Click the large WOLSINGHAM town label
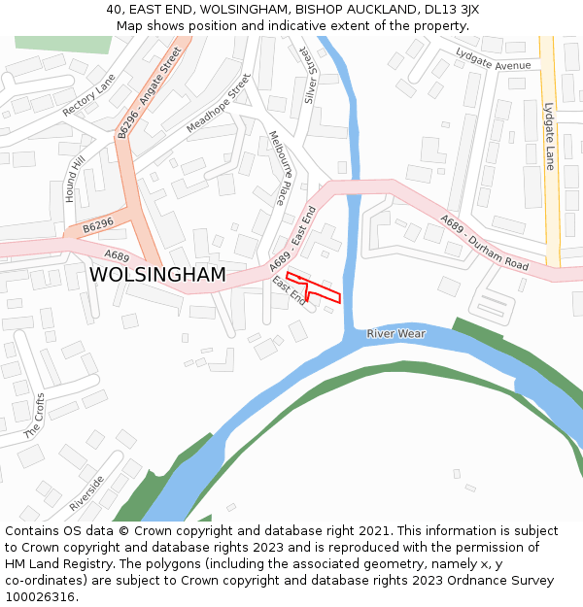coord(157,275)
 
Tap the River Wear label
coord(395,334)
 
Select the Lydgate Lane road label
coord(549,136)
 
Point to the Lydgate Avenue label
coord(498,65)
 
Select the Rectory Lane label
coord(88,95)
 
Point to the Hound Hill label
coord(75,178)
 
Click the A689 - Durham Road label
coord(484,242)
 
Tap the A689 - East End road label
coord(292,237)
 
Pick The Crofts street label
coord(34,416)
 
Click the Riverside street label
coord(86,494)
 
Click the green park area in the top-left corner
coord(62,44)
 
